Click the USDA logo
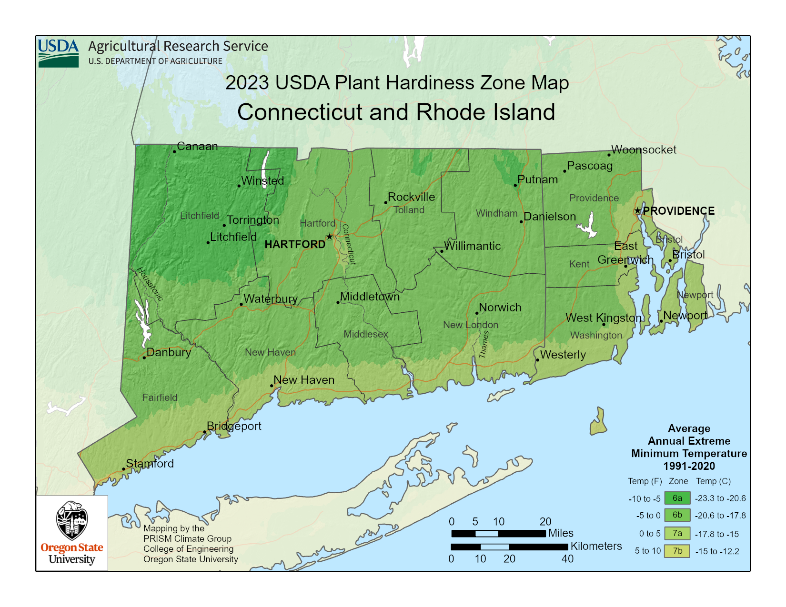click(58, 53)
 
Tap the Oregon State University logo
click(72, 533)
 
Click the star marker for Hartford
click(329, 237)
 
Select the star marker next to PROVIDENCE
click(637, 210)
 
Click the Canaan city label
click(197, 146)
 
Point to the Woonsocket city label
click(644, 149)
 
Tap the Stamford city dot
click(124, 469)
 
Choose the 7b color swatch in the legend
click(677, 551)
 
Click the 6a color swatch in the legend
click(677, 498)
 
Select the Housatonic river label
click(150, 284)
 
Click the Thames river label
click(484, 344)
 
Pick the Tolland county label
click(409, 210)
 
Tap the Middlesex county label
click(366, 334)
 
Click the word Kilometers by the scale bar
click(596, 546)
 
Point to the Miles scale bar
click(498, 533)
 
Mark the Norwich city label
click(500, 308)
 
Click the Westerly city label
click(563, 355)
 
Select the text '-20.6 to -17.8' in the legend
click(720, 516)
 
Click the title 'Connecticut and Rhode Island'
click(396, 112)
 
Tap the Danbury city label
click(169, 352)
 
